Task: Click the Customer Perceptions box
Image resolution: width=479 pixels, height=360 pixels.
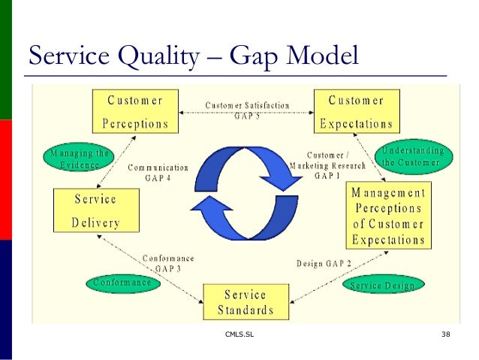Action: pos(135,111)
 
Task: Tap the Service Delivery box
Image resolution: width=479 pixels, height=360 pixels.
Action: pos(95,210)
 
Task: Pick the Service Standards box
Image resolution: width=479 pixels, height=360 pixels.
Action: pos(246,301)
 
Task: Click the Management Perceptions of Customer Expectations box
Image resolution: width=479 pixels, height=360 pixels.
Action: pos(388,216)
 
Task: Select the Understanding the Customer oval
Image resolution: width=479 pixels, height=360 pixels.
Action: pos(413,156)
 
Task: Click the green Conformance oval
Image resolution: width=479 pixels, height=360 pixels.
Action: pos(123,283)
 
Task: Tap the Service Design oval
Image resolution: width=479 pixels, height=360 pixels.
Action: pos(383,286)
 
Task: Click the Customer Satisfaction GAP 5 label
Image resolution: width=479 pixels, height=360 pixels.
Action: pos(247,110)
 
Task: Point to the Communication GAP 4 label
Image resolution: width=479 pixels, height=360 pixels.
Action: pos(158,174)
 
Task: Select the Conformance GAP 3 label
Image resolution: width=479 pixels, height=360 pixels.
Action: pos(169,262)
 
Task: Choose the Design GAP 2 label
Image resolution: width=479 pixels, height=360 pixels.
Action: pos(324,263)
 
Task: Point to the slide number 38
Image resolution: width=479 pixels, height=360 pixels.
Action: pos(446,334)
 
